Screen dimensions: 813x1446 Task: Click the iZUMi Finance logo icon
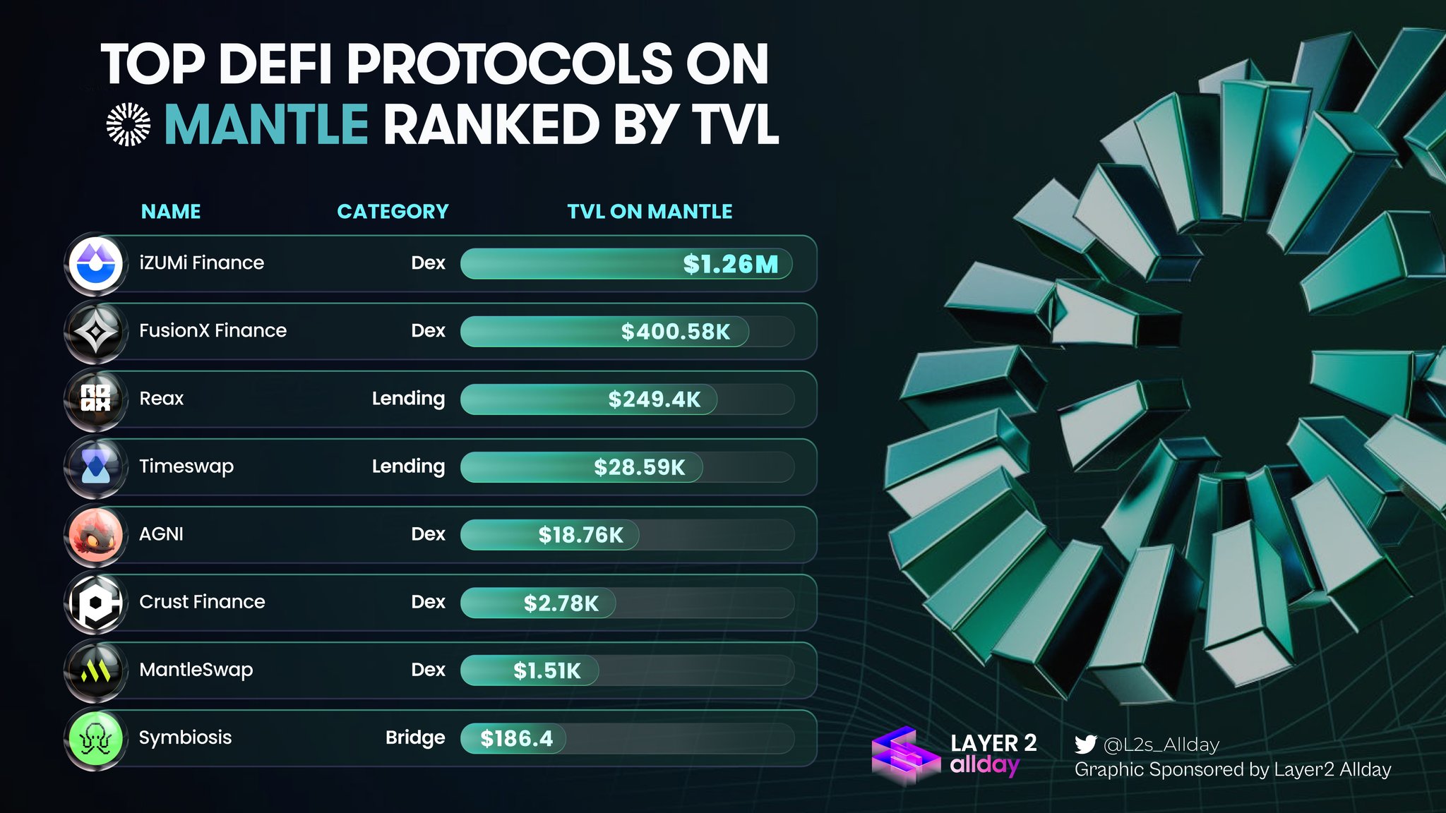(x=96, y=263)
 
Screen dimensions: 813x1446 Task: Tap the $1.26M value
(x=730, y=264)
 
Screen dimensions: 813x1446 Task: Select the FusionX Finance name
(x=213, y=330)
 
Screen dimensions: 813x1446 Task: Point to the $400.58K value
(x=675, y=332)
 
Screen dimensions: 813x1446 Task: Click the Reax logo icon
(x=96, y=399)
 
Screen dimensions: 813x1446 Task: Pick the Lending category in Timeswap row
(x=408, y=466)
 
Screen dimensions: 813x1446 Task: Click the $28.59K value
(x=639, y=467)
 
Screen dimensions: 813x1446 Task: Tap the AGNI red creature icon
(x=96, y=534)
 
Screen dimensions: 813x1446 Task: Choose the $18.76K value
(x=580, y=535)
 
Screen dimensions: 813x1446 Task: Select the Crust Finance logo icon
(x=96, y=602)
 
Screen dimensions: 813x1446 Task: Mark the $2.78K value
(x=561, y=603)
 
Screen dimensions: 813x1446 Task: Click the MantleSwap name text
(x=196, y=670)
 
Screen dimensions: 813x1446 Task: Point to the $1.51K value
(x=546, y=670)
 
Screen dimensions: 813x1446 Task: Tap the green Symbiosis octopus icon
(x=96, y=738)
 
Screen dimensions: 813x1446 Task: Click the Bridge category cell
(x=415, y=737)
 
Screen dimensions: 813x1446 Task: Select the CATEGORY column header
(x=393, y=212)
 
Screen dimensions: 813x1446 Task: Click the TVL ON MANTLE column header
(x=650, y=212)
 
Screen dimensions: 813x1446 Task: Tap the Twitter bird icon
(x=1085, y=745)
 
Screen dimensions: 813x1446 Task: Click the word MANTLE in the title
(x=266, y=125)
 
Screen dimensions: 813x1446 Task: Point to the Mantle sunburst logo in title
(x=129, y=124)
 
